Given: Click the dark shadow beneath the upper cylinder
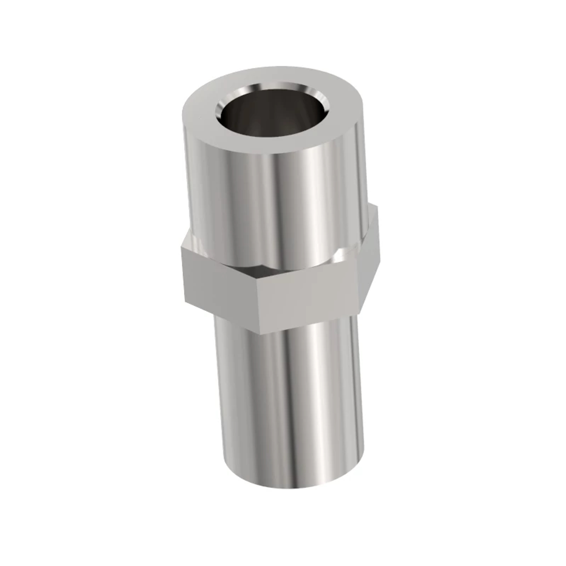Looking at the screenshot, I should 255,271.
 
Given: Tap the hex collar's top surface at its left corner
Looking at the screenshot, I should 189,245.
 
